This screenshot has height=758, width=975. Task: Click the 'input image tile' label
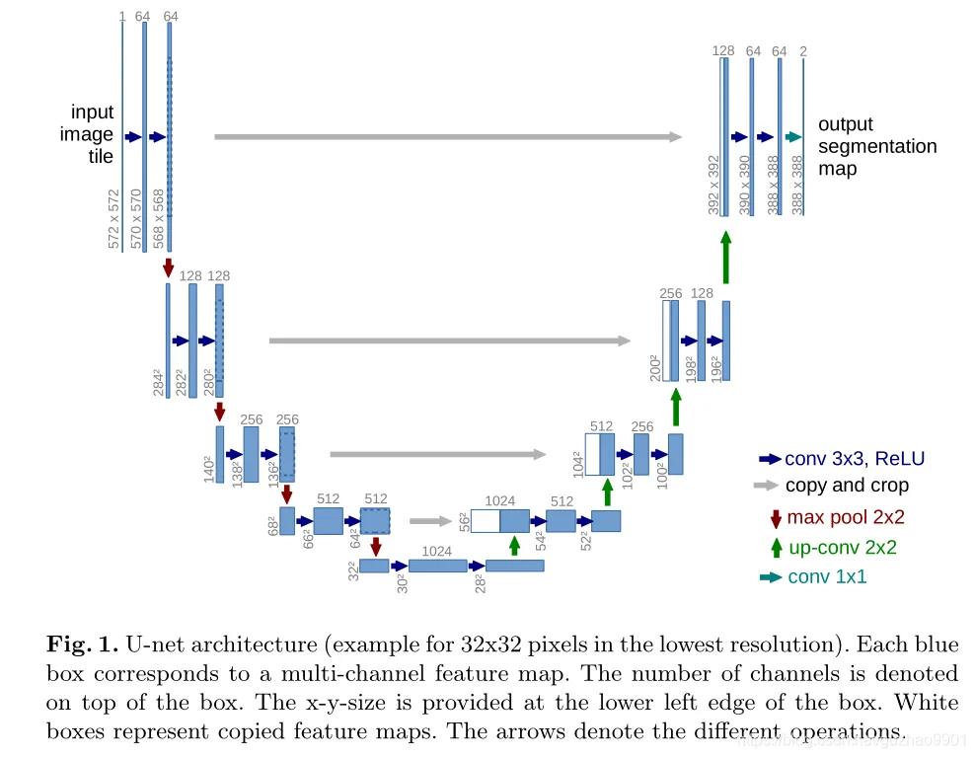click(92, 134)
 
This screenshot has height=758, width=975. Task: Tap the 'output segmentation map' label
click(876, 146)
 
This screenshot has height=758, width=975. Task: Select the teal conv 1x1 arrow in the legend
click(770, 576)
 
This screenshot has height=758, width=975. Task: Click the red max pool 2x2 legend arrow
click(775, 517)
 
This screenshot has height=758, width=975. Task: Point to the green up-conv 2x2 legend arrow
click(775, 547)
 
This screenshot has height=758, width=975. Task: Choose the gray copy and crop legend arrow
click(768, 486)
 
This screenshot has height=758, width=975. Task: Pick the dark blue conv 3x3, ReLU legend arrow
click(770, 459)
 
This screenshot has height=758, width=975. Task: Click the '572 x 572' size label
click(114, 218)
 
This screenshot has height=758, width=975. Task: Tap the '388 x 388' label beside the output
click(797, 185)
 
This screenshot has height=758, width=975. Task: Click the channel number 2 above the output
click(803, 50)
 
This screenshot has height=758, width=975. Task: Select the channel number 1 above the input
click(121, 16)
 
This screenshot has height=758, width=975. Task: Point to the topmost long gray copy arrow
click(448, 137)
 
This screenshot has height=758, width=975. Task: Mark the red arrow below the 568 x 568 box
click(169, 266)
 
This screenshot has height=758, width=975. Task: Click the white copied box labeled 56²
click(484, 520)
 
